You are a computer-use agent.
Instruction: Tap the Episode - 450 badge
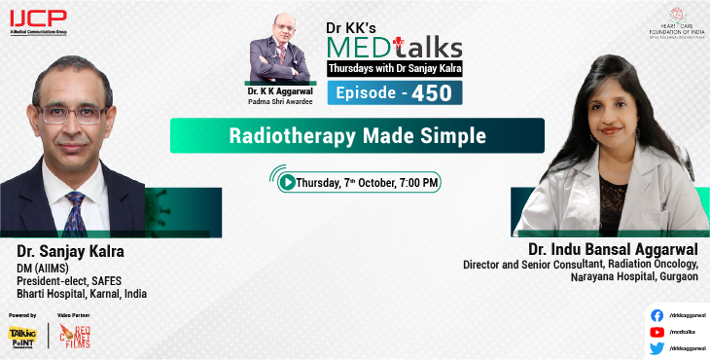point(394,91)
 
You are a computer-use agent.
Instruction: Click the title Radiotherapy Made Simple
point(356,135)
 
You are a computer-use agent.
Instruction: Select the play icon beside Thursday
point(287,182)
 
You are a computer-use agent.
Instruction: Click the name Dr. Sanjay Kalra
point(71,251)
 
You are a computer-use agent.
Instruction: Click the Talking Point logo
point(21,336)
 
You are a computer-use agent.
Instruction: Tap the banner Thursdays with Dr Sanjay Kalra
point(395,69)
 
